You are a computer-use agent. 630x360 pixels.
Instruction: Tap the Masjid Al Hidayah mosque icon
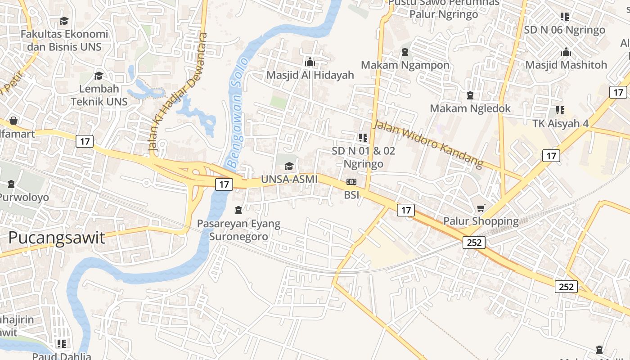click(x=310, y=62)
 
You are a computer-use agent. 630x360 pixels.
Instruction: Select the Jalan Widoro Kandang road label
click(x=428, y=144)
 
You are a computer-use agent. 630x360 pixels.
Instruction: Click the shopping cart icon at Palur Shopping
click(x=481, y=208)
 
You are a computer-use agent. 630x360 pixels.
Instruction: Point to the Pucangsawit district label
click(x=57, y=238)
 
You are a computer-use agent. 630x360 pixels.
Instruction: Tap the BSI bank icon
click(x=351, y=182)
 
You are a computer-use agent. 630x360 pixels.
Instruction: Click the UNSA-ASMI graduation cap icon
click(x=289, y=166)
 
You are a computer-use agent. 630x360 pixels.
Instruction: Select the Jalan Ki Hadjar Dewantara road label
click(x=177, y=92)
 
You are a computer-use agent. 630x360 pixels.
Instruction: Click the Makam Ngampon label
click(x=405, y=65)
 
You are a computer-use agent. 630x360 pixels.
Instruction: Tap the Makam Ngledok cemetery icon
click(x=470, y=95)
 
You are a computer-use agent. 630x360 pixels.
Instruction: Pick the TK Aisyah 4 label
click(x=560, y=123)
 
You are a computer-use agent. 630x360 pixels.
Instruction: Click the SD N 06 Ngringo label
click(x=564, y=30)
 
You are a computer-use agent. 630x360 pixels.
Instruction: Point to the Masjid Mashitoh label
click(x=566, y=65)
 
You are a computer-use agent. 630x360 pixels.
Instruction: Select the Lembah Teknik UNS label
click(x=99, y=95)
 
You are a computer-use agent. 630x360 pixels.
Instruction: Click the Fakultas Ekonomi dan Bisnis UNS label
click(x=64, y=40)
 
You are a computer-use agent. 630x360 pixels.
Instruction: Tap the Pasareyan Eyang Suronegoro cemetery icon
click(x=238, y=210)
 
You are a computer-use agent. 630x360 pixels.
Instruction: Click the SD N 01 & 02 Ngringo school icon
click(x=363, y=137)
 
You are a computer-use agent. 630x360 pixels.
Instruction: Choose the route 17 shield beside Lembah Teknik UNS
click(x=85, y=141)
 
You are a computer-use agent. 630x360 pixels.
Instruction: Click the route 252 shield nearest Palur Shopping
click(x=474, y=243)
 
